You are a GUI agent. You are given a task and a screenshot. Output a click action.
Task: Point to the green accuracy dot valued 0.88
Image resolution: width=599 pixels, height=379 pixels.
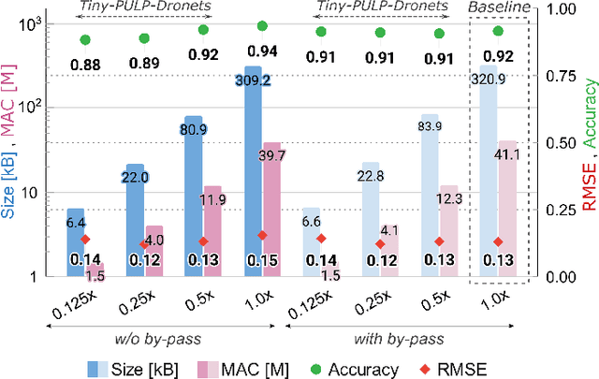[85, 39]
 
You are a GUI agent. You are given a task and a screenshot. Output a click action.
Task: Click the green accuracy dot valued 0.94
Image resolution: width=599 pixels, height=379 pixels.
[262, 26]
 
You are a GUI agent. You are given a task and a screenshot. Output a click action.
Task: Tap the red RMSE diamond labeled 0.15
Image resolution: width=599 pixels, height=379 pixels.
[262, 236]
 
